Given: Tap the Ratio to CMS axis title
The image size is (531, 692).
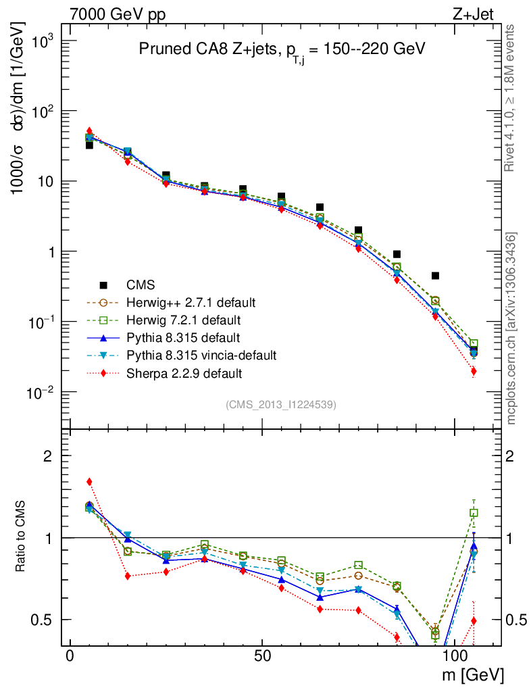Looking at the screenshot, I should click(22, 537).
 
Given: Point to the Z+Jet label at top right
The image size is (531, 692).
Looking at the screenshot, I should click(480, 14).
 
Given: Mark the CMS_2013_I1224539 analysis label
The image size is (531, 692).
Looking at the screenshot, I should click(281, 405).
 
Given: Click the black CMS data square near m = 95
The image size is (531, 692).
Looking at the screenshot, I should click(435, 276).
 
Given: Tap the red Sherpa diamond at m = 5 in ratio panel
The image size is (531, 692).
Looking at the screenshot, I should click(89, 482).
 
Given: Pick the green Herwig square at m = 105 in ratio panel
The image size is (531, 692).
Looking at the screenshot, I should click(474, 513).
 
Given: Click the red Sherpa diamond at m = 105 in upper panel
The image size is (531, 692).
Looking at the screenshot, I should click(474, 371).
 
